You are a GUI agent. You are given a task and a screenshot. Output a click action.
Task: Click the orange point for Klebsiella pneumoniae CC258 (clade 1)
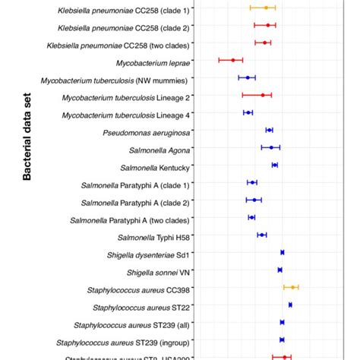265,8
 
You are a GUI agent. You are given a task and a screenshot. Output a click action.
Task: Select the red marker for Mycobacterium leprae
232,59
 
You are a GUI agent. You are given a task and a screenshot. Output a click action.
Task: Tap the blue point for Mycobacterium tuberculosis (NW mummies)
248,77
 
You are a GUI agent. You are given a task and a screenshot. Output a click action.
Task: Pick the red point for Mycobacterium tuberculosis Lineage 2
263,95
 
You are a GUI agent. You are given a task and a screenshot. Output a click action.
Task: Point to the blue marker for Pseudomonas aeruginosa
269,130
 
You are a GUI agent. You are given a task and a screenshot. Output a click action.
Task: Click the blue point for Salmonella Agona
271,147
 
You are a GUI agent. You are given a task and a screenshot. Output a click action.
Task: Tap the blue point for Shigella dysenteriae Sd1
282,252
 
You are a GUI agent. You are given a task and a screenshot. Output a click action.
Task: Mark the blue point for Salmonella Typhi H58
262,235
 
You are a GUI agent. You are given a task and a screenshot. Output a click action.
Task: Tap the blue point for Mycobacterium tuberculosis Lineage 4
248,112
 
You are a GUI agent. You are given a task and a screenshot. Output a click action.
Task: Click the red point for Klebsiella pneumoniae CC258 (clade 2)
267,25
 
